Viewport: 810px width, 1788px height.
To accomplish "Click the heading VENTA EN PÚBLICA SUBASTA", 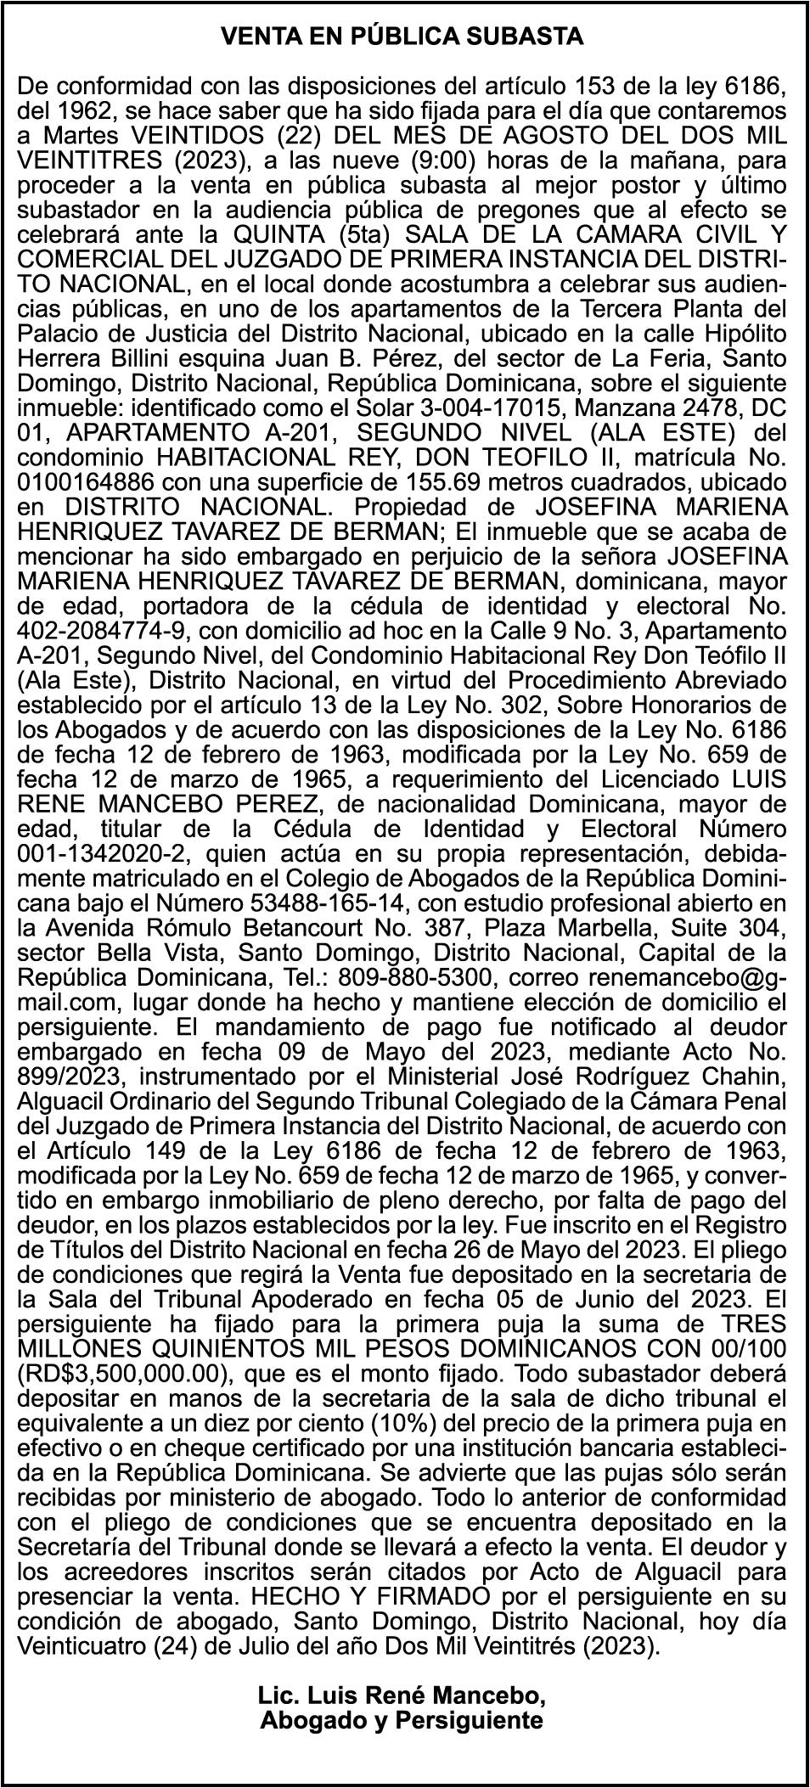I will (402, 37).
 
